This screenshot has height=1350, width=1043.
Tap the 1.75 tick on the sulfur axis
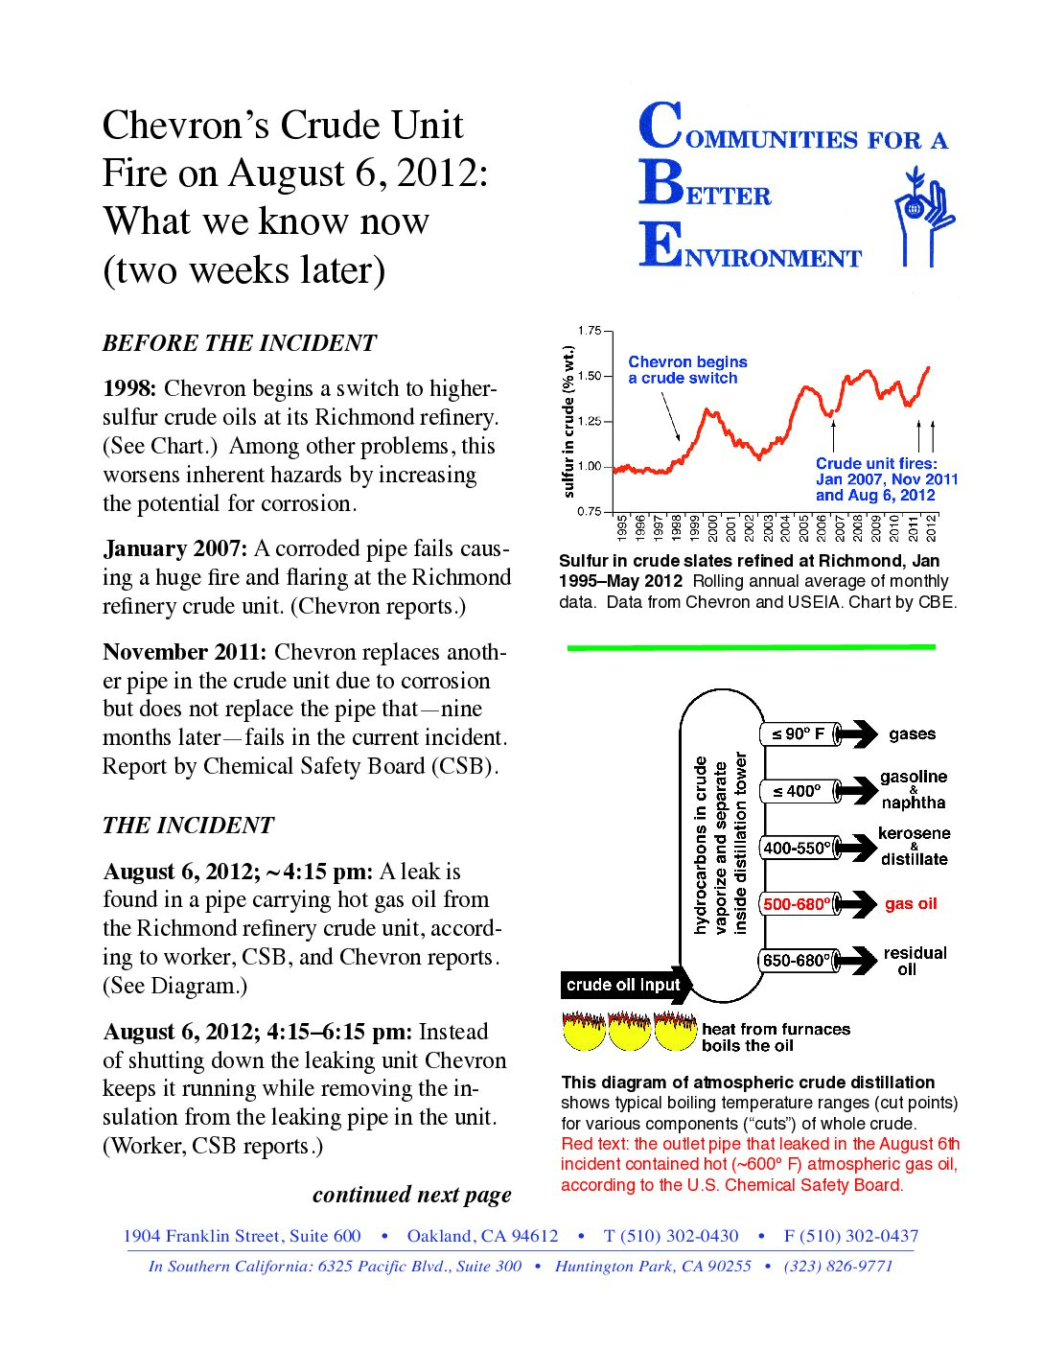point(589,331)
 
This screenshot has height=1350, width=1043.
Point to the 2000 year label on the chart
point(712,528)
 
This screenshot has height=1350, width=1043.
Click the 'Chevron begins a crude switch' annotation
point(687,370)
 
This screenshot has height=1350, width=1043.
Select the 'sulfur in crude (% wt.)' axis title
point(568,422)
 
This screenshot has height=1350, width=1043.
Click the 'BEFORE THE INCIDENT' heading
point(240,343)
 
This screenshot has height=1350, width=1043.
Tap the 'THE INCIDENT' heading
point(188,826)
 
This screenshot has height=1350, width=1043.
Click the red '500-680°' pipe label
point(797,904)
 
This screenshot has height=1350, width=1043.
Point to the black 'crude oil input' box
point(623,985)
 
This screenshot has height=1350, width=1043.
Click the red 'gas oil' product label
point(911,904)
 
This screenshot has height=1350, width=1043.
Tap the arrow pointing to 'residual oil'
point(856,961)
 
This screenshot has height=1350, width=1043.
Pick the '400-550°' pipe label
point(797,849)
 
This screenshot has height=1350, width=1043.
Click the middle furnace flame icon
point(629,1031)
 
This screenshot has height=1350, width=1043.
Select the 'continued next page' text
point(411,1195)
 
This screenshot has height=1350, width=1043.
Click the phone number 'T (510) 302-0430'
point(671,1236)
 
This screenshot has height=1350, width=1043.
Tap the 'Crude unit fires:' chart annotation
point(876,464)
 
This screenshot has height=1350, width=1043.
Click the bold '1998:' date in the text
point(129,388)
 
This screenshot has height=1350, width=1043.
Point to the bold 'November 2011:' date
point(184,652)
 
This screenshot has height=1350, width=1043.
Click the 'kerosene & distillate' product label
point(914,846)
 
